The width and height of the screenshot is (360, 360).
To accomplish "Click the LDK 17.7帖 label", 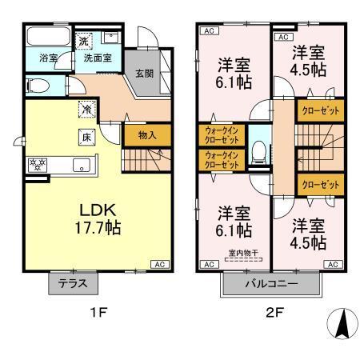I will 99,218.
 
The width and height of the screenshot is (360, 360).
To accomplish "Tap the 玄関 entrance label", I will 144,74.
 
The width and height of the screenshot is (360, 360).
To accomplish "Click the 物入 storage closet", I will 147,136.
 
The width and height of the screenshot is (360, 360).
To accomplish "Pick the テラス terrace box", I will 74,282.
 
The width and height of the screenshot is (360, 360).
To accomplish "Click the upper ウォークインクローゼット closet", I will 221,134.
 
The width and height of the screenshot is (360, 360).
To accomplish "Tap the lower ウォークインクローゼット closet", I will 221,159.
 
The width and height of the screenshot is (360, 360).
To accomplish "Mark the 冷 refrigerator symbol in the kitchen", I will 85,108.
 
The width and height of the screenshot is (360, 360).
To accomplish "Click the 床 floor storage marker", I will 85,136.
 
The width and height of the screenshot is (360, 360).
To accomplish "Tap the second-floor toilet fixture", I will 258,151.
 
